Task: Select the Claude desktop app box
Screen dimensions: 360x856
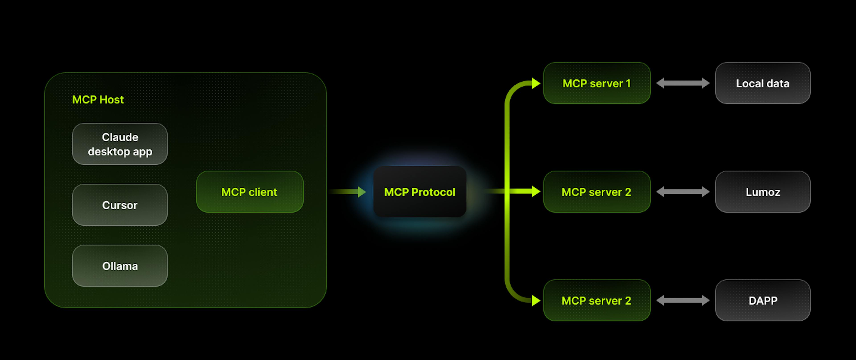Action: (x=120, y=144)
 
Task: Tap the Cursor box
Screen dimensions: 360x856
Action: (x=120, y=205)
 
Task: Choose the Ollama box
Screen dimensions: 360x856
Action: (x=120, y=266)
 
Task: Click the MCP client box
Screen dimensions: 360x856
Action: (x=250, y=192)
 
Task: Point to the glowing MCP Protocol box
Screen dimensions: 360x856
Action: (x=420, y=192)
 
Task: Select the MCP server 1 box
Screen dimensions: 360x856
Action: (x=597, y=83)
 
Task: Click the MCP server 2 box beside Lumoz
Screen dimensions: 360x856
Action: (x=597, y=192)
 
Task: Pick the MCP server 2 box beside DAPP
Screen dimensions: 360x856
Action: (x=597, y=300)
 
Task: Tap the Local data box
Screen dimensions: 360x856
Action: (x=763, y=83)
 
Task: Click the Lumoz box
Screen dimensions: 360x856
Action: (x=763, y=192)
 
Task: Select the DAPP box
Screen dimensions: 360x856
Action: (x=763, y=300)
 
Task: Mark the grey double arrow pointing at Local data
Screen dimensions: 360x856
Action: (x=683, y=83)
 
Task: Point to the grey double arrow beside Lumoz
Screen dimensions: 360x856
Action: (x=683, y=192)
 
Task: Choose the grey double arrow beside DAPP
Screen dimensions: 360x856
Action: (x=683, y=300)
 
